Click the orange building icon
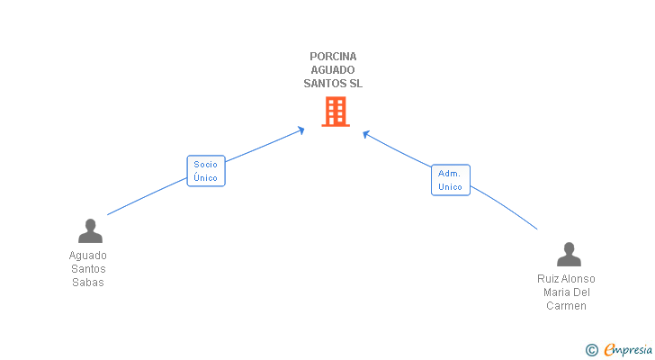pyautogui.click(x=335, y=112)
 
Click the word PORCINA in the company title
pyautogui.click(x=333, y=57)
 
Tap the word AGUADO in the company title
pyautogui.click(x=333, y=70)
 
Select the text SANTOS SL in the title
pyautogui.click(x=333, y=84)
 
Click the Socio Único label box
pyautogui.click(x=206, y=171)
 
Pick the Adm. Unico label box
pyautogui.click(x=450, y=180)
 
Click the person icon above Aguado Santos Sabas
pyautogui.click(x=90, y=231)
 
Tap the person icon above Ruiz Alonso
pyautogui.click(x=569, y=255)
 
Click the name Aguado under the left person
pyautogui.click(x=88, y=255)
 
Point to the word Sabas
pyautogui.click(x=88, y=282)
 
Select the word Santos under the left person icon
pyautogui.click(x=88, y=268)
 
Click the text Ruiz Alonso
pyautogui.click(x=566, y=279)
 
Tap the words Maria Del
pyautogui.click(x=566, y=292)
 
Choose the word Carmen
pyautogui.click(x=566, y=306)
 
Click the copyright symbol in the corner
pyautogui.click(x=591, y=350)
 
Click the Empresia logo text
pyautogui.click(x=628, y=349)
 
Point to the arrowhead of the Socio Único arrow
pyautogui.click(x=301, y=130)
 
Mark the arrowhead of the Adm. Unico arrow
pyautogui.click(x=366, y=134)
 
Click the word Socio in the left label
pyautogui.click(x=206, y=165)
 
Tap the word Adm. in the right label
pyautogui.click(x=450, y=173)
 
